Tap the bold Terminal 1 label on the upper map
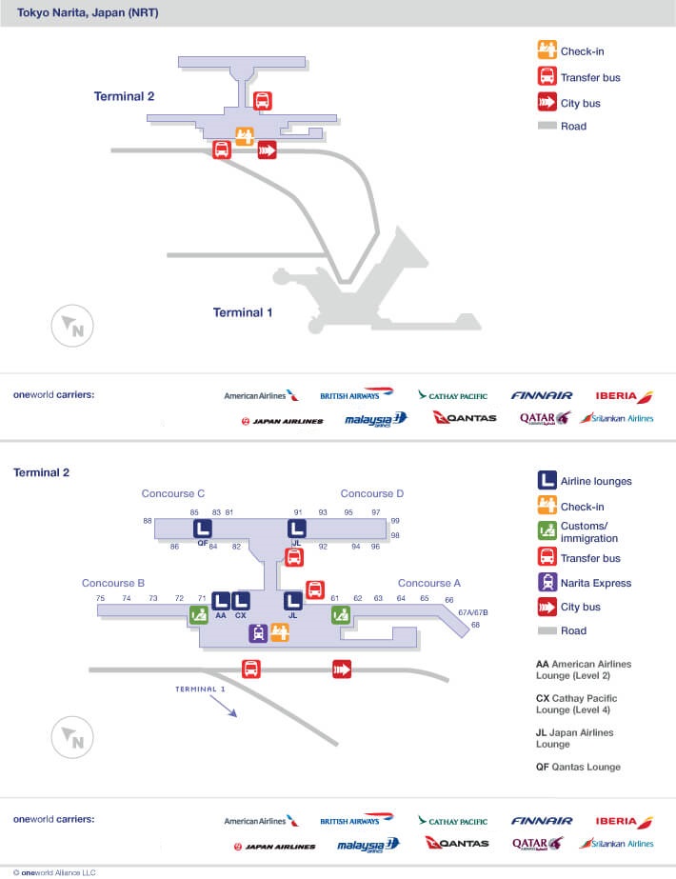[242, 312]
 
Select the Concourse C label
[173, 493]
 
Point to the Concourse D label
[372, 493]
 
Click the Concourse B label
[113, 583]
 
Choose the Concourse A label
[429, 583]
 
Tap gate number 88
[148, 521]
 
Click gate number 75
[100, 598]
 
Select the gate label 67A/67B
[472, 612]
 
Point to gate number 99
[395, 521]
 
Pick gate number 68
[475, 625]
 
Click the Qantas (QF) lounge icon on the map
[203, 529]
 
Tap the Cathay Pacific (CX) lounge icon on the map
[241, 601]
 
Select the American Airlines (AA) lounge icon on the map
[221, 601]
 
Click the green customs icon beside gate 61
[341, 615]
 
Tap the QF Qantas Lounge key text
[578, 767]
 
